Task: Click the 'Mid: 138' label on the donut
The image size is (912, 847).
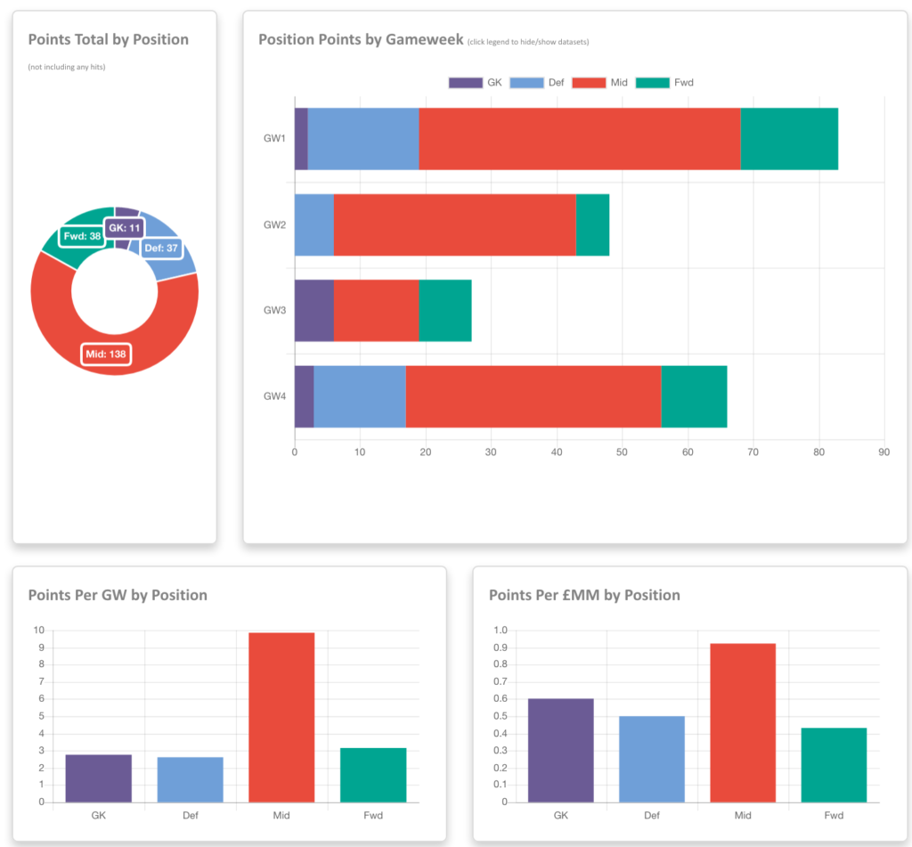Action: (105, 354)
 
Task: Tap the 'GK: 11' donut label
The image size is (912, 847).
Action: (124, 228)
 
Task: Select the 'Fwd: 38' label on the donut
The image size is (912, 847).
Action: (82, 237)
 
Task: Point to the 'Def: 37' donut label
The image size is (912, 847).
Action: (161, 248)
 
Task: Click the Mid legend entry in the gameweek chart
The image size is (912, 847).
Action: (600, 83)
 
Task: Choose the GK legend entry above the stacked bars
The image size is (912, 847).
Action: (476, 83)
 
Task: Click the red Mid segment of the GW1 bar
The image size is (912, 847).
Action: (579, 139)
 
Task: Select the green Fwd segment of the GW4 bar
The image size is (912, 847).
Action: (694, 396)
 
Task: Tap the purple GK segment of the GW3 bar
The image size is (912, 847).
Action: (313, 310)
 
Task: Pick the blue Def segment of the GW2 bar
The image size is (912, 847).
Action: (313, 224)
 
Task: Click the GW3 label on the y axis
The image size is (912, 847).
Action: (274, 310)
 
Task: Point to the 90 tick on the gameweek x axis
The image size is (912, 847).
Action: (883, 452)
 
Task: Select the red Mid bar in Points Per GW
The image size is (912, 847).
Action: (281, 717)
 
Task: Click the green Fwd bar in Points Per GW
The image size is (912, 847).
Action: (373, 774)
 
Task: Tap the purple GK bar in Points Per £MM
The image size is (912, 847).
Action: (560, 750)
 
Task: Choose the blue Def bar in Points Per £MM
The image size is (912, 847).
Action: (651, 759)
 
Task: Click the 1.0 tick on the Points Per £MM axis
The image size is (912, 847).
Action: (500, 631)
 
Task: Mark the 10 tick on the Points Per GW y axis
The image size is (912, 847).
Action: (39, 631)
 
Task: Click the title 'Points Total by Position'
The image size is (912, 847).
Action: (109, 40)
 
